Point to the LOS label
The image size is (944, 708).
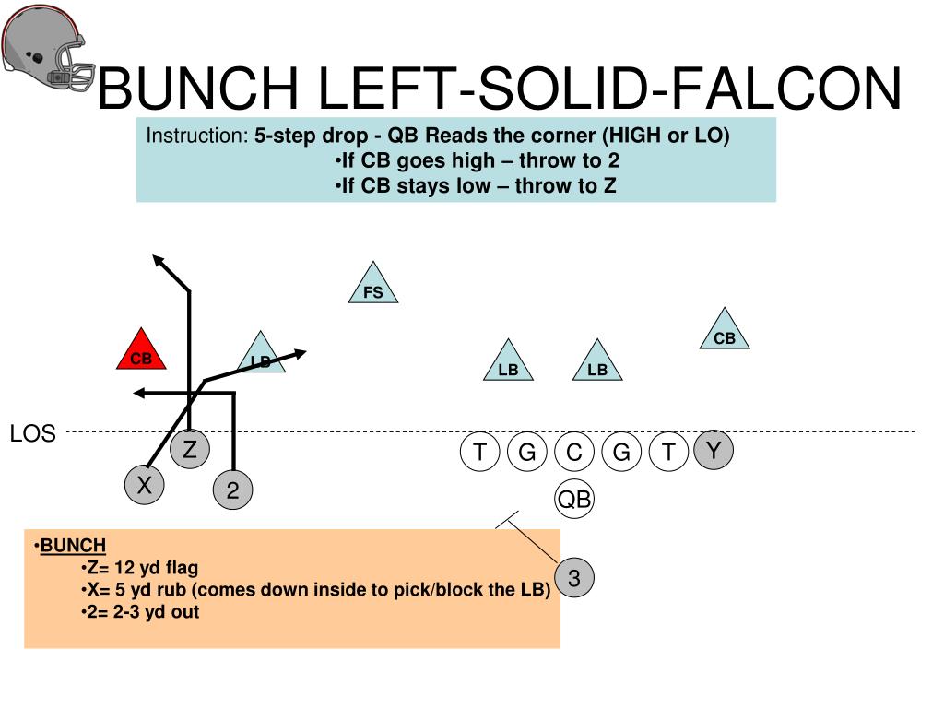click(33, 433)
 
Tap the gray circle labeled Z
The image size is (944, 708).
click(190, 450)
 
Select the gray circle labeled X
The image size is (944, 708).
click(145, 485)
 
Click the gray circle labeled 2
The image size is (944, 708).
click(232, 492)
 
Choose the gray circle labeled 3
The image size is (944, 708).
click(574, 579)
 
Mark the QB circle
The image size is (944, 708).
click(574, 500)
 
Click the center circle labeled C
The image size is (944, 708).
click(574, 453)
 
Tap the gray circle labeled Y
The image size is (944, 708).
click(713, 450)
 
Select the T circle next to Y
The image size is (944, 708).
click(668, 453)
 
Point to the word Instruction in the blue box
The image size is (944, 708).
click(196, 136)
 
